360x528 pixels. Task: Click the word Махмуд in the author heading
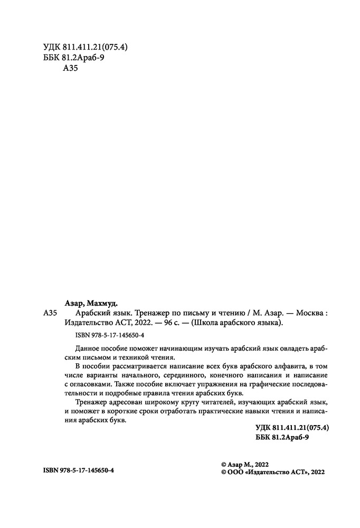103,303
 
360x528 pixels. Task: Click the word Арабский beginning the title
89,313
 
